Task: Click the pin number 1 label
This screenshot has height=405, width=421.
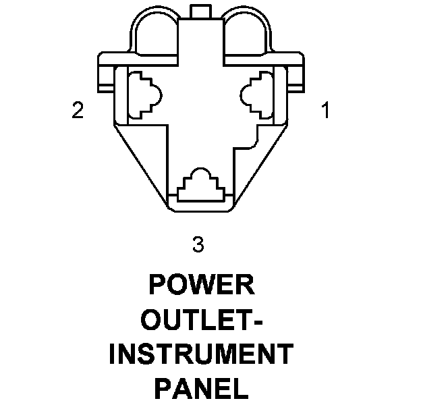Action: tap(326, 111)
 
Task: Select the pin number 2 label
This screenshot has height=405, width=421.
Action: tap(78, 111)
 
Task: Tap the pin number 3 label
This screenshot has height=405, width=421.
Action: tap(198, 244)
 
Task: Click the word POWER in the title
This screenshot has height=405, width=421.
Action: tap(202, 286)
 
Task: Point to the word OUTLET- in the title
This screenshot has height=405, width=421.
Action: tap(202, 320)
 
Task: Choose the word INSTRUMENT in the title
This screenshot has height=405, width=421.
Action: tap(201, 354)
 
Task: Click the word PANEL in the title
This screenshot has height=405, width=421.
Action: tap(201, 389)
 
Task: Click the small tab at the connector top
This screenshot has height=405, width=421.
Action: tap(202, 10)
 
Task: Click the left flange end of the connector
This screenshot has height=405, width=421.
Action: tap(107, 72)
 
